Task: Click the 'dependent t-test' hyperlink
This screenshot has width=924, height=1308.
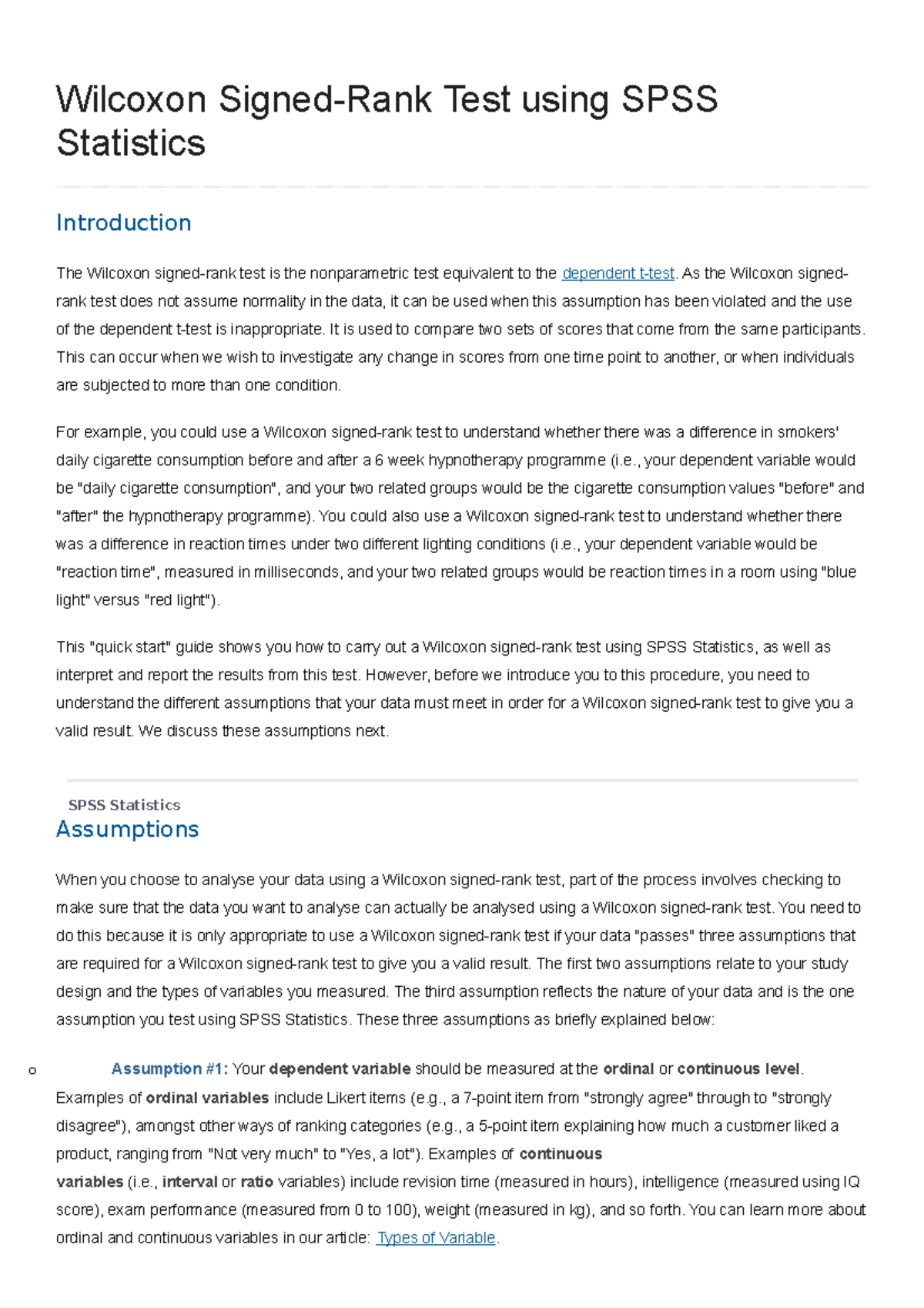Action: point(618,273)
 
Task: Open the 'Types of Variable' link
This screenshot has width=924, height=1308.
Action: point(436,1238)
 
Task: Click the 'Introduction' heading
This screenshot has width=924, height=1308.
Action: point(123,223)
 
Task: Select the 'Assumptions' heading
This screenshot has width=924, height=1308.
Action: point(127,829)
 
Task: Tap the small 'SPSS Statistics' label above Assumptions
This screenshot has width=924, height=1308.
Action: point(124,805)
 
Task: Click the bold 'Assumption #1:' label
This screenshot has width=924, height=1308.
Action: point(169,1068)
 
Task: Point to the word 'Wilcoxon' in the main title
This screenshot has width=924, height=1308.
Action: point(131,100)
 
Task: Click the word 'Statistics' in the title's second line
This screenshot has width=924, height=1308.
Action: point(131,143)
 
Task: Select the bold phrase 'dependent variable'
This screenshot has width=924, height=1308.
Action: point(340,1068)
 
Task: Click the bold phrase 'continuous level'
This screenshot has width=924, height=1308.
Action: point(739,1068)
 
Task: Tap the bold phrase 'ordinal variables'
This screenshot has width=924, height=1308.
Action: point(207,1098)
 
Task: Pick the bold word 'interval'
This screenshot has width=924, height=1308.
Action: point(189,1182)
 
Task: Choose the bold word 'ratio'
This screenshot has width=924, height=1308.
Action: point(256,1182)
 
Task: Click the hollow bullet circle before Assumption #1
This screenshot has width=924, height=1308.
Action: point(32,1070)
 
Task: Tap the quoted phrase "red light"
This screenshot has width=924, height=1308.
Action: point(179,600)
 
